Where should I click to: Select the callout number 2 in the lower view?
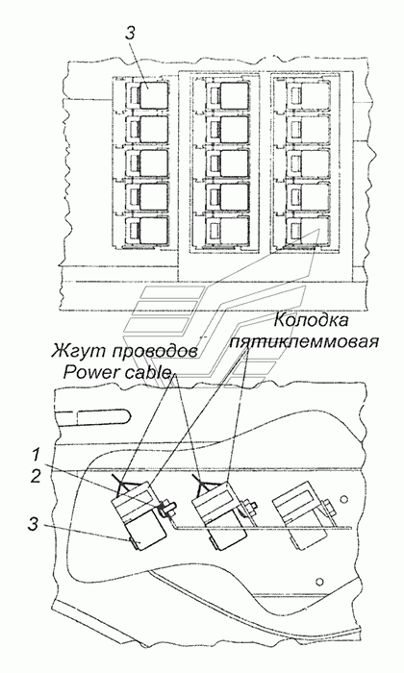pyautogui.click(x=35, y=477)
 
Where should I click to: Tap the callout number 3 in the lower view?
pyautogui.click(x=34, y=525)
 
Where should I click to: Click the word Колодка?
pyautogui.click(x=310, y=320)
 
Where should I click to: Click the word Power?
pyautogui.click(x=89, y=372)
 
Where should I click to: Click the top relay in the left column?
pyautogui.click(x=147, y=95)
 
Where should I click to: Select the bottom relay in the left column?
pyautogui.click(x=147, y=231)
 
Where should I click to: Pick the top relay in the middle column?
pyautogui.click(x=228, y=95)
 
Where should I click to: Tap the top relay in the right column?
pyautogui.click(x=308, y=95)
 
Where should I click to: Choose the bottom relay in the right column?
pyautogui.click(x=308, y=231)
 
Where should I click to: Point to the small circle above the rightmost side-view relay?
pyautogui.click(x=342, y=499)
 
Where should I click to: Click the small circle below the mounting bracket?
pyautogui.click(x=318, y=582)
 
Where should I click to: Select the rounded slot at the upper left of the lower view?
pyautogui.click(x=92, y=415)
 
